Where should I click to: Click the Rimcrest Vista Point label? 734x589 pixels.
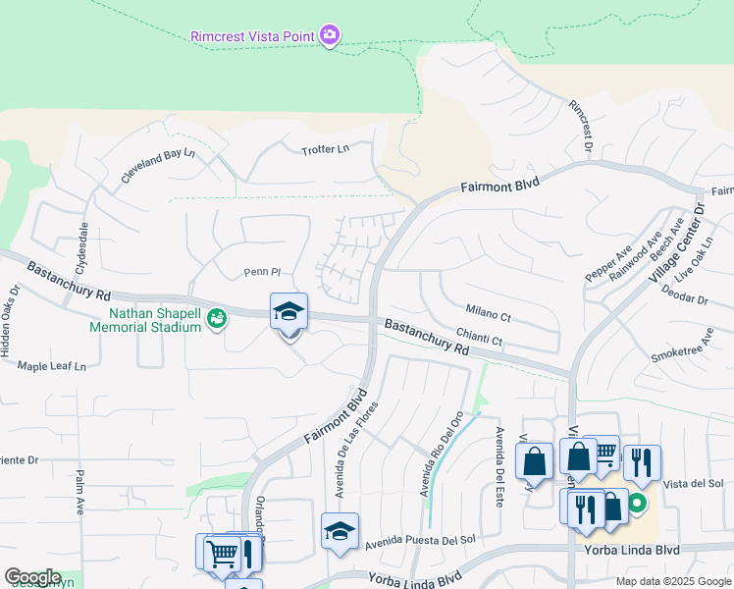pyautogui.click(x=251, y=36)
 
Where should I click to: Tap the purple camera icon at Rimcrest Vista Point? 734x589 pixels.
pyautogui.click(x=330, y=36)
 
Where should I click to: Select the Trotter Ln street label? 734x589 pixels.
pyautogui.click(x=325, y=149)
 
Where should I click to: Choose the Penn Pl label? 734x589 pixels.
pyautogui.click(x=262, y=272)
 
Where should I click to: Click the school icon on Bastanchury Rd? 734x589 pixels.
pyautogui.click(x=288, y=311)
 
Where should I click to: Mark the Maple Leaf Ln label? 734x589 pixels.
pyautogui.click(x=52, y=366)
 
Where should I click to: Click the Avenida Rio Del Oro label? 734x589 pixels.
pyautogui.click(x=442, y=454)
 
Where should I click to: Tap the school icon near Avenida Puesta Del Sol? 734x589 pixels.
pyautogui.click(x=340, y=531)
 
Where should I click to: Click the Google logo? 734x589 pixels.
pyautogui.click(x=32, y=577)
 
